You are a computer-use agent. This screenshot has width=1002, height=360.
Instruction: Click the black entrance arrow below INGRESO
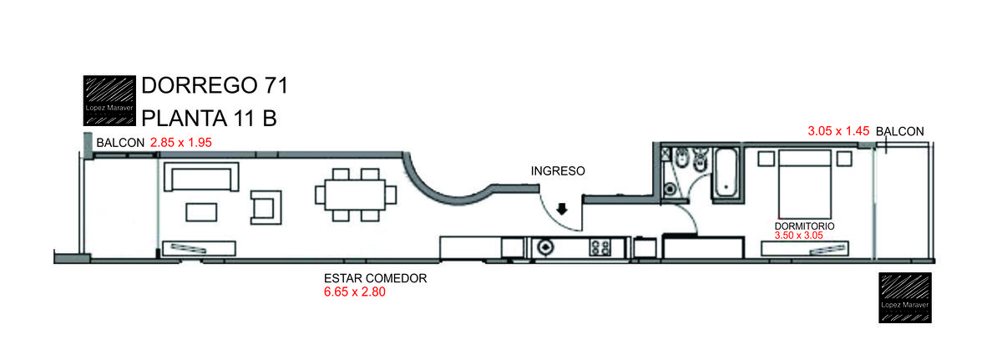pos(562,209)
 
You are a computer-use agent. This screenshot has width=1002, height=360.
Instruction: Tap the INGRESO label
pos(558,171)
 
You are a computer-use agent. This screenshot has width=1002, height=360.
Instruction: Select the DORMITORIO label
pos(804,226)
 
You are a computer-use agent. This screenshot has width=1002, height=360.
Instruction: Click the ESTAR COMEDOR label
pos(375,278)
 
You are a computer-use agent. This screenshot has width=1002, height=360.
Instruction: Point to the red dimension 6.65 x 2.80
pos(355,292)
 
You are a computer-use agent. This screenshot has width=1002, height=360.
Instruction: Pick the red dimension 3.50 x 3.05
pos(799,236)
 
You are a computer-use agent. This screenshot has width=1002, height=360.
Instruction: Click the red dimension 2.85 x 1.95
pos(180,143)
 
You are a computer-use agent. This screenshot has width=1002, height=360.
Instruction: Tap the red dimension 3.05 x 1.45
pos(838,131)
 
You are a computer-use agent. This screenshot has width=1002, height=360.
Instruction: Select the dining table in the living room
pos(356,195)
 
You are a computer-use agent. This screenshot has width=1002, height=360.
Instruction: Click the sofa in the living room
pos(201,177)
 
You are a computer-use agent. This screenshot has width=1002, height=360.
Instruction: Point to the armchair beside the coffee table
pos(266,207)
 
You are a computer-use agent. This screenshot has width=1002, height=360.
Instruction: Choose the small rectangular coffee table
pos(201,212)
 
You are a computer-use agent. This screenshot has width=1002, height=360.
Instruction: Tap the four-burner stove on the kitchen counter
pos(600,247)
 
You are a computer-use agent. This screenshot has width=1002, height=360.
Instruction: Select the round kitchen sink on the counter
pos(545,247)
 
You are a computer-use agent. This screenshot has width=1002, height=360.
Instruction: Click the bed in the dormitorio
pos(805,185)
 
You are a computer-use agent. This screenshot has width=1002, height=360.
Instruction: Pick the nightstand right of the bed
pos(844,159)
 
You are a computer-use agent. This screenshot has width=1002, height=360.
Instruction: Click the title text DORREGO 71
pos(215,85)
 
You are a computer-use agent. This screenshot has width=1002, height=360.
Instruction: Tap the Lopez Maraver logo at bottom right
pos(905,298)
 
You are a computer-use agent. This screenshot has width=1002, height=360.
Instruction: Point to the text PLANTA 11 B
pos(209,119)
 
